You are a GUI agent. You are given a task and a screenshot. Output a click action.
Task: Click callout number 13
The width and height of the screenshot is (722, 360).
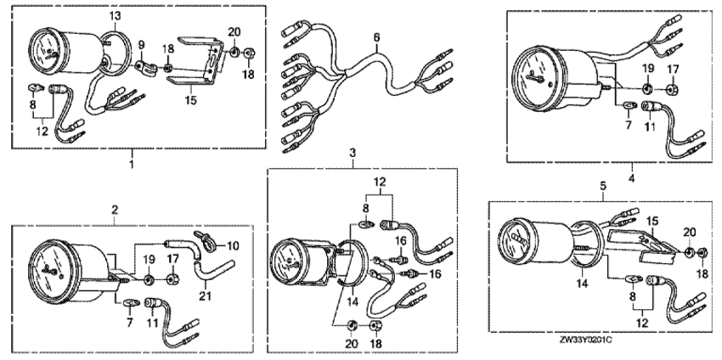(x=116, y=16)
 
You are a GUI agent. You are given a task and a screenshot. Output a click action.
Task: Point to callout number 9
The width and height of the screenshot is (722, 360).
(x=142, y=45)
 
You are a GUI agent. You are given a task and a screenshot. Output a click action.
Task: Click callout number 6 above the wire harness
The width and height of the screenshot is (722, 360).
(x=376, y=36)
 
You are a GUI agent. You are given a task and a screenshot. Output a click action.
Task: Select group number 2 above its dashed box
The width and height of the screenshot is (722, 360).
(x=115, y=210)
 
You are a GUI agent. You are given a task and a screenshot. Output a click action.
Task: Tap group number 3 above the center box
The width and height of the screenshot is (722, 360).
(x=353, y=151)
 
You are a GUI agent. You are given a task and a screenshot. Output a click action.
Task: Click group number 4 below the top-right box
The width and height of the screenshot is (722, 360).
(x=631, y=178)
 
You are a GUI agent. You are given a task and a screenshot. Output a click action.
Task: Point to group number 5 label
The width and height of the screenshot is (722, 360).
(x=603, y=186)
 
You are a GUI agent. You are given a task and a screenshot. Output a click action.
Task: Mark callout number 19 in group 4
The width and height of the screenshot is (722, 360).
(x=648, y=68)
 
